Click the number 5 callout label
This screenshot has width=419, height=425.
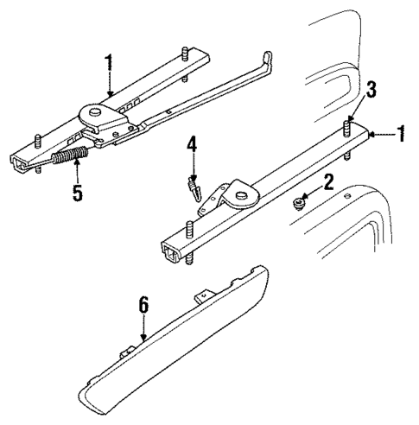(x=78, y=192)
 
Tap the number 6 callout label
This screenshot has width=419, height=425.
(x=143, y=303)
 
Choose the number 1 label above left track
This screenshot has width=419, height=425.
(x=109, y=63)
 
